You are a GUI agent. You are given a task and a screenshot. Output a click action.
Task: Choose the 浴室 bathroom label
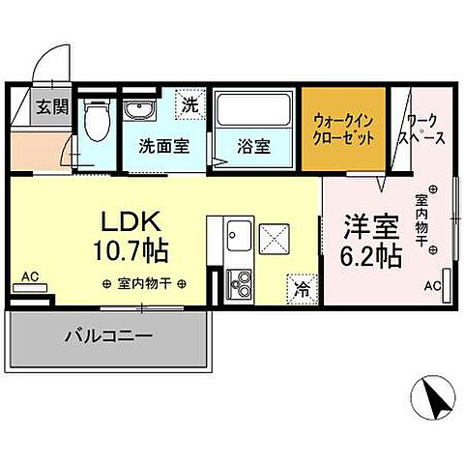(x=253, y=148)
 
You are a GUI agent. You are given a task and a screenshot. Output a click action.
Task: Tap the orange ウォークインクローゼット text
(x=344, y=130)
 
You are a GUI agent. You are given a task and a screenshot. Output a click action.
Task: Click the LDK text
(x=130, y=220)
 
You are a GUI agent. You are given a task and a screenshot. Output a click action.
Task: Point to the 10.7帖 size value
(x=130, y=251)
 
